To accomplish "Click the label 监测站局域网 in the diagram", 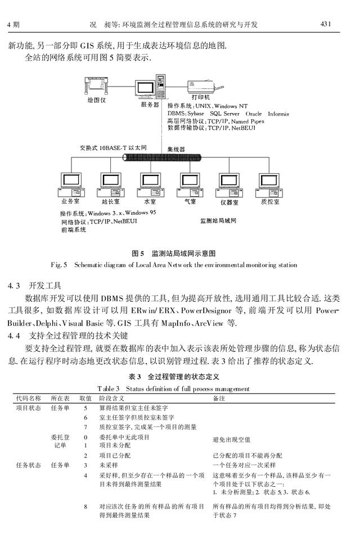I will coord(218,221).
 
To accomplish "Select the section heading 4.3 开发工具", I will coord(38,284).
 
